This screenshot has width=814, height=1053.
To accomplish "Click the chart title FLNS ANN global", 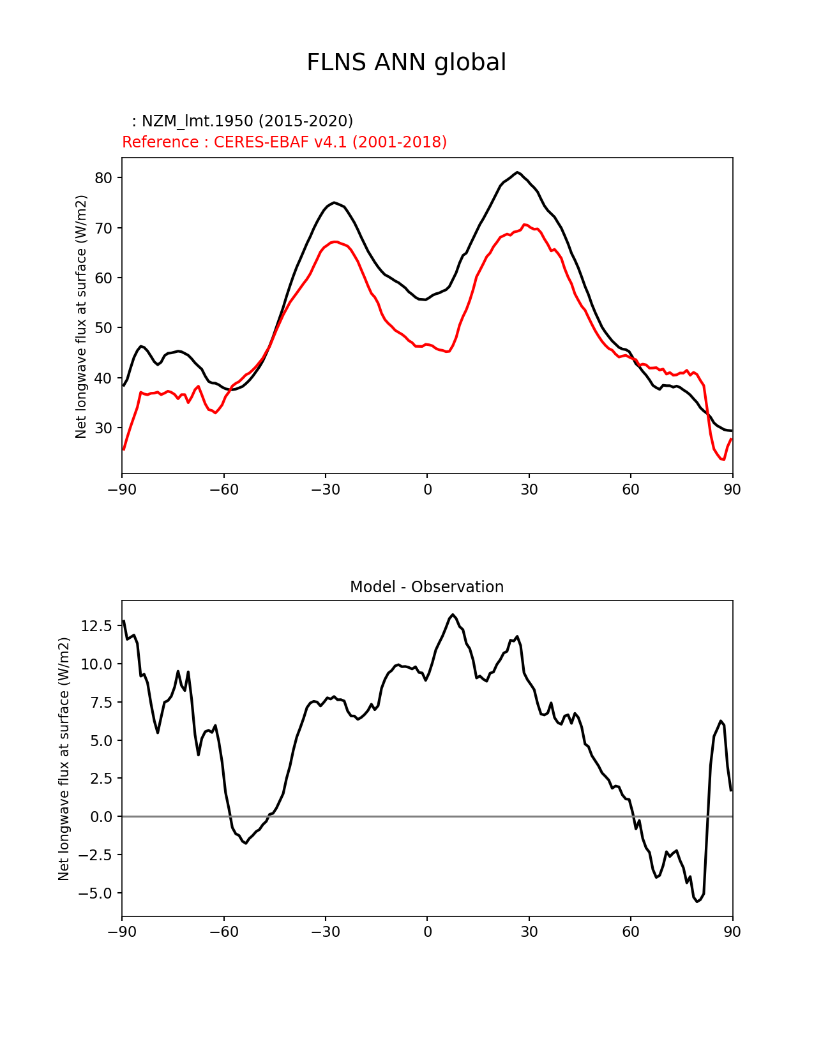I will [406, 63].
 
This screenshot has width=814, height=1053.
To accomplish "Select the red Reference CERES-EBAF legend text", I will [284, 142].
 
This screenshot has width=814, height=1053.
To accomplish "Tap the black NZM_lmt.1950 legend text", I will [243, 121].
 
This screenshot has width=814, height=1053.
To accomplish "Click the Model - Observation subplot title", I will [426, 587].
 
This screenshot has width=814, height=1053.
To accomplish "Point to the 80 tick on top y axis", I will [104, 178].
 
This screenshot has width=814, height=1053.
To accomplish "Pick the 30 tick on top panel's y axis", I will [104, 428].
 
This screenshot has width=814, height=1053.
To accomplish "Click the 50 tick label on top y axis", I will [104, 328].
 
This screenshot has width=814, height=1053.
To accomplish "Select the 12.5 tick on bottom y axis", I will [97, 626].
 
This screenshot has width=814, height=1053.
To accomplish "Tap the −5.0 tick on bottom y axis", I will [96, 893].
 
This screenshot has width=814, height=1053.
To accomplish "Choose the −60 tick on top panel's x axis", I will [223, 489].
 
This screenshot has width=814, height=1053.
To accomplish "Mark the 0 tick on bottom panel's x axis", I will [427, 932].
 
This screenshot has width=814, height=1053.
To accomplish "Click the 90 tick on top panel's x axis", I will [732, 489].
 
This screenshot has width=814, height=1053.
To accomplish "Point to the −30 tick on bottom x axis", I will [325, 932].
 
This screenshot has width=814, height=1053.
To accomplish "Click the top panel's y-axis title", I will [81, 317].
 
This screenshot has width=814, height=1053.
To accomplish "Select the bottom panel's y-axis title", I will [64, 759].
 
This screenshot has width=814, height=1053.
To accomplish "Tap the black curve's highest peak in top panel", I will [518, 172].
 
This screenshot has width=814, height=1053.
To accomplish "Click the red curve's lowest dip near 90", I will [723, 459].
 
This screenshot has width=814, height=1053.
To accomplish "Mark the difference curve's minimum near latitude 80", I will [698, 901].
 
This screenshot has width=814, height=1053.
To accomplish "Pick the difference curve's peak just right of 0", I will [453, 615].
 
